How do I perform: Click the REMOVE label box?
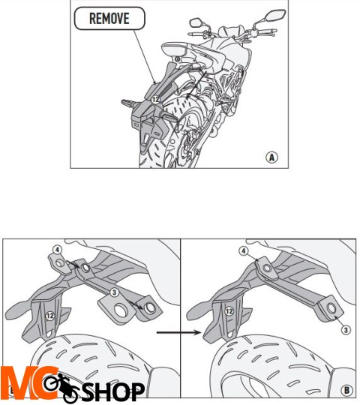(x=109, y=19)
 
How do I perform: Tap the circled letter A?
(x=272, y=157)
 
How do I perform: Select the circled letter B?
(x=346, y=390)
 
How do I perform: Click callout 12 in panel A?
(x=155, y=100)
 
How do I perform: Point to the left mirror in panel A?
(x=196, y=22)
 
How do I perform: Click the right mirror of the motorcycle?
(x=276, y=15)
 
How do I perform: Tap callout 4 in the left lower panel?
(x=57, y=250)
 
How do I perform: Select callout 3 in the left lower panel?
(x=114, y=292)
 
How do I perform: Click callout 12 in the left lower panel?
(x=49, y=316)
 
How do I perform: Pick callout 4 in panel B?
(x=243, y=250)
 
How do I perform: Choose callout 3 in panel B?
(x=346, y=330)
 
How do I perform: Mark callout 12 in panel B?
(x=229, y=311)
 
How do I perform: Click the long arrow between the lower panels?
(x=178, y=332)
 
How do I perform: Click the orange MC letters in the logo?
(x=28, y=383)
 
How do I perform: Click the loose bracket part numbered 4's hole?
(x=60, y=263)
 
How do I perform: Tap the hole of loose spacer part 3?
(x=120, y=310)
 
